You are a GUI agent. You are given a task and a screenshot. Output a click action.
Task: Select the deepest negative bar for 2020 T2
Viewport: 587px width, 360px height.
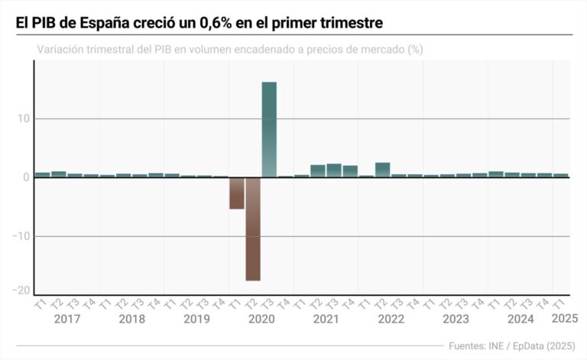(252, 229)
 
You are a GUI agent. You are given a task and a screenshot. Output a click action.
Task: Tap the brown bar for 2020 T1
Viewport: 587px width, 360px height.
(236, 193)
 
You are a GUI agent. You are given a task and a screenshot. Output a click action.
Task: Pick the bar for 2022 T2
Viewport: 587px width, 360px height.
(382, 170)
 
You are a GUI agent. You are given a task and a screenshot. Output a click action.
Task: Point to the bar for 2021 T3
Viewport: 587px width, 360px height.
(334, 170)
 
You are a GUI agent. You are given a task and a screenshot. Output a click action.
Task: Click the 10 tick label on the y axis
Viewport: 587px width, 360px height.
(23, 118)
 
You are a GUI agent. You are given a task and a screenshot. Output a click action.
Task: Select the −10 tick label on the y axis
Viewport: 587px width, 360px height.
(21, 236)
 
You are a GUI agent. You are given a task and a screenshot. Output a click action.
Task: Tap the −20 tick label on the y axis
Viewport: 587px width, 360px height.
(21, 290)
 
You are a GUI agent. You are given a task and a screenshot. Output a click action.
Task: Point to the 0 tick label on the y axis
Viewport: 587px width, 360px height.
(27, 177)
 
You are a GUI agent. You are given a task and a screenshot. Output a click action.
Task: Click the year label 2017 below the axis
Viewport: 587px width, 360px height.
(67, 318)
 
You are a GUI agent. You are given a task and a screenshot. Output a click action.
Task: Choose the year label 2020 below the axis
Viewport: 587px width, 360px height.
(261, 318)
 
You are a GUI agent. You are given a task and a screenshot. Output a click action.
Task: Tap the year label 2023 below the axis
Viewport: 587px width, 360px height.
(456, 318)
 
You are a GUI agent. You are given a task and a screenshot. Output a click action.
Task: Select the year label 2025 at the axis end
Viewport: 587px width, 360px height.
(565, 318)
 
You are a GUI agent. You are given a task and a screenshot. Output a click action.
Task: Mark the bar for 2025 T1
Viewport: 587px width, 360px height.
(560, 175)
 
